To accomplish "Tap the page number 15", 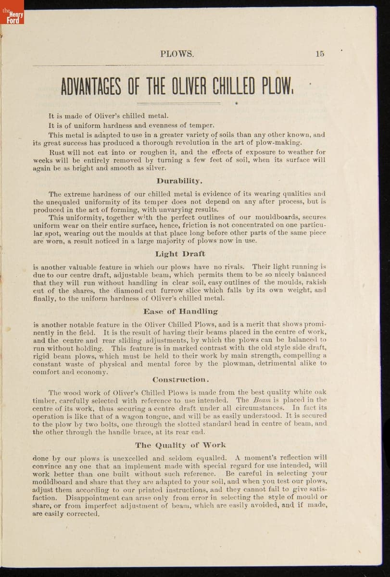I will pyautogui.click(x=320, y=54).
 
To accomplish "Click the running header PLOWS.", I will pyautogui.click(x=177, y=54).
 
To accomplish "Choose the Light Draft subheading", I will pyautogui.click(x=180, y=254).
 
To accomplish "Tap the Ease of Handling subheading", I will pyautogui.click(x=180, y=312).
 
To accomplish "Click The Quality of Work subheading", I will pyautogui.click(x=180, y=445).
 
